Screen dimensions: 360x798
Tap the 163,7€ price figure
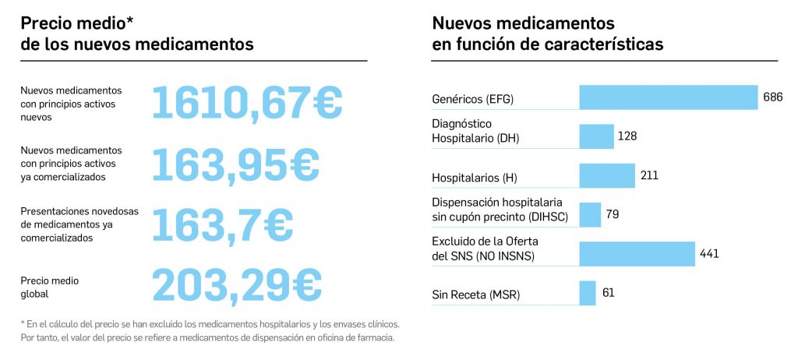click(x=222, y=224)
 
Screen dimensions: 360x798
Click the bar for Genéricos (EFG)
click(x=668, y=97)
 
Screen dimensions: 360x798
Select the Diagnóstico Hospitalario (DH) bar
click(x=596, y=136)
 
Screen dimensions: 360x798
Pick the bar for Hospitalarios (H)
click(x=607, y=175)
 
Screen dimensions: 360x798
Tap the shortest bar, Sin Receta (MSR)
click(x=588, y=293)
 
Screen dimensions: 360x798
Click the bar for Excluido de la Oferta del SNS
click(x=637, y=254)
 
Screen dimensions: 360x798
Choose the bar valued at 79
click(x=590, y=214)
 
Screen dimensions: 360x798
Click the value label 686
click(x=772, y=97)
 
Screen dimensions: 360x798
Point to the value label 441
click(x=709, y=254)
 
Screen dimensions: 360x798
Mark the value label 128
click(x=627, y=136)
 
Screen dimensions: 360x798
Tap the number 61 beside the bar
click(x=609, y=293)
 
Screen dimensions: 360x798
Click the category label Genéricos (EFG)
click(x=473, y=100)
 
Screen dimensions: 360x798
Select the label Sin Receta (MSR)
click(x=475, y=295)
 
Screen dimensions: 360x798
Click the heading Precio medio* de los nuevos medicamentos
click(x=137, y=34)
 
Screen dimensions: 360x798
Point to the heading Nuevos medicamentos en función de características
click(x=547, y=34)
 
